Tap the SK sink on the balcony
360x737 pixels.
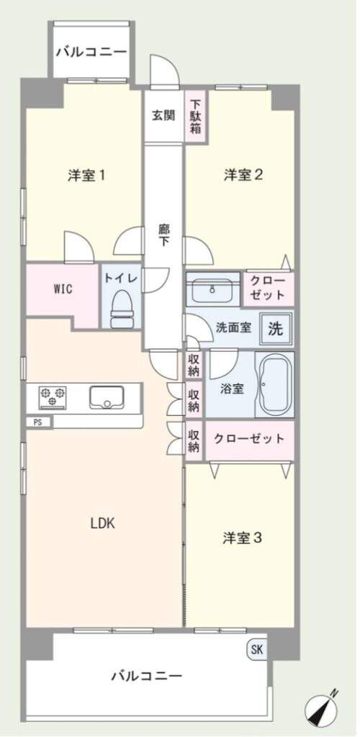tap(256, 650)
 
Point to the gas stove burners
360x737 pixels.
tap(52, 397)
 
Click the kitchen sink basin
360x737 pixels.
tap(107, 397)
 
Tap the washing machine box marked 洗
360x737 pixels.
tap(275, 329)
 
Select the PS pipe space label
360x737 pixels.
tap(37, 422)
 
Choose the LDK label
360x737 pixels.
tap(102, 523)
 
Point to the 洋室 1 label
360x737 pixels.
tap(86, 176)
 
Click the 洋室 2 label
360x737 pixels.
tap(243, 176)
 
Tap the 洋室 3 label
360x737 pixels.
tap(243, 538)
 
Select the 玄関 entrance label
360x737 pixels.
tap(163, 114)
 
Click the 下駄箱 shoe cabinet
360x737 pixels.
tap(196, 117)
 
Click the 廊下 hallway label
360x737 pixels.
tap(163, 237)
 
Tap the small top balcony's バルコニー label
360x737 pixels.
tap(91, 52)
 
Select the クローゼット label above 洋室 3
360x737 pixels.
tap(249, 438)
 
